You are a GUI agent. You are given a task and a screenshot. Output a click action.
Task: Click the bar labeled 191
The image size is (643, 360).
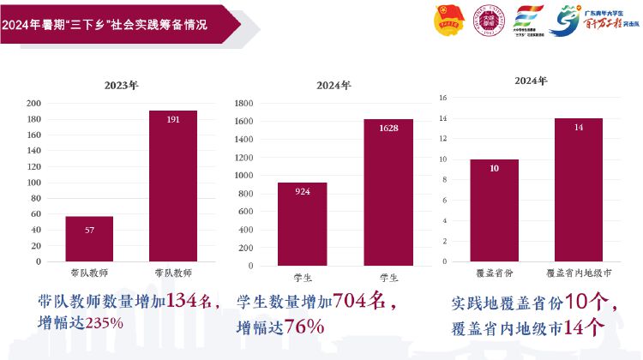click(x=173, y=186)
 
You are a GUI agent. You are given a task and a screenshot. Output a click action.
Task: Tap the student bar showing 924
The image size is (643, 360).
click(x=302, y=222)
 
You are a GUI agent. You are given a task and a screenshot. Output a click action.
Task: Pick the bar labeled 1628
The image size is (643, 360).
click(x=388, y=190)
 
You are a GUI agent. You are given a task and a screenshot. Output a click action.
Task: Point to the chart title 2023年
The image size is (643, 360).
click(x=121, y=86)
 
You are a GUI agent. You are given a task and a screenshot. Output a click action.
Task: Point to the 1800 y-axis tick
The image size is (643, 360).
click(x=243, y=103)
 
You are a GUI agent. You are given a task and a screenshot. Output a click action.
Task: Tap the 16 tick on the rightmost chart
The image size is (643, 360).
click(x=443, y=98)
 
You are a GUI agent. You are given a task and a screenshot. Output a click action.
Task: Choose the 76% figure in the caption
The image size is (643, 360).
click(x=305, y=326)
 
